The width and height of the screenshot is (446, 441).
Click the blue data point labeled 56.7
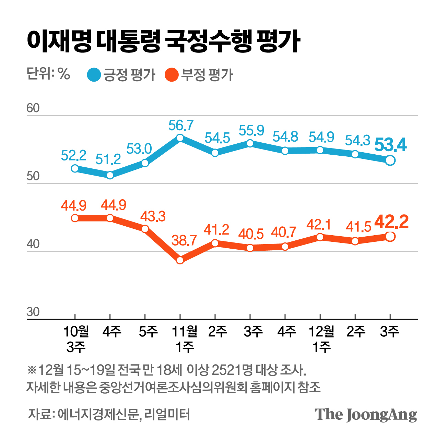(180, 138)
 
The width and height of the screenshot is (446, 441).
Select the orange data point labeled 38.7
(180, 260)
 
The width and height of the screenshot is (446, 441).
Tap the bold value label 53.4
(390, 145)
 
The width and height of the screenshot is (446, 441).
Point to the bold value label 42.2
(391, 222)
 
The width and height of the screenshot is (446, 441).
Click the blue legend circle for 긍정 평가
(94, 75)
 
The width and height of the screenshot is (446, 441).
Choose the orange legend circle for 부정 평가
(172, 75)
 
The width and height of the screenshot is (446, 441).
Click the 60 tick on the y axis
(33, 108)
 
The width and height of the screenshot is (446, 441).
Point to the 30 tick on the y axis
(33, 312)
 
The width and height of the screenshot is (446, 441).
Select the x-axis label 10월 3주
(76, 339)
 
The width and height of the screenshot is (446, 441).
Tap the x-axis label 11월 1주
(185, 339)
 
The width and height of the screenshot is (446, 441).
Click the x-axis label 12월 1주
(321, 339)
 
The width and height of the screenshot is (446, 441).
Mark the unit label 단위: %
(48, 74)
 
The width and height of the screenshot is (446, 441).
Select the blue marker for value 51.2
(110, 175)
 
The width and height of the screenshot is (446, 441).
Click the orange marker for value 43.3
(145, 229)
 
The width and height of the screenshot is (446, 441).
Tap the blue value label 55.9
(251, 131)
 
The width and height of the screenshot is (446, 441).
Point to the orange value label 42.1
(319, 225)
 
